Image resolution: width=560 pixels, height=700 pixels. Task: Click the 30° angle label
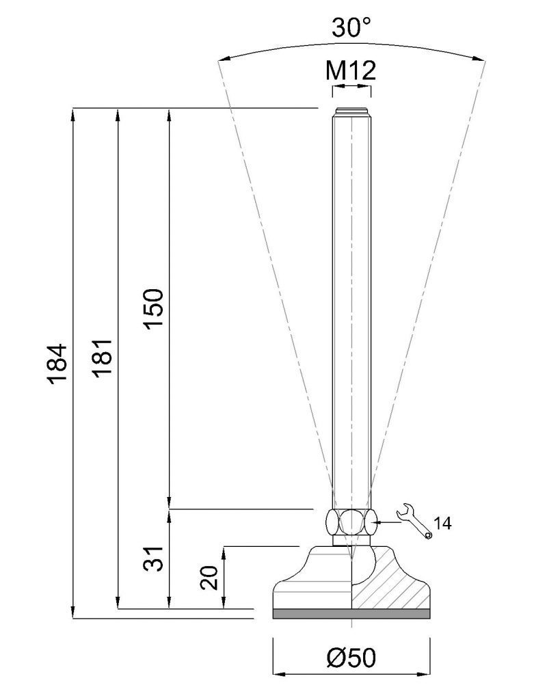pos(351,27)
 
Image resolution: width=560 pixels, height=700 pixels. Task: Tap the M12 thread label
pos(351,70)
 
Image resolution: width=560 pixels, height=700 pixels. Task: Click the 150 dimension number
pos(155,309)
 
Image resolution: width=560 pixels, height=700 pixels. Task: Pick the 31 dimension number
pos(154,558)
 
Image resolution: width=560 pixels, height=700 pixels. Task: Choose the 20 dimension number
pos(209,578)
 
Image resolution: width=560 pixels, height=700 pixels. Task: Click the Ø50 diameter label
pos(351,658)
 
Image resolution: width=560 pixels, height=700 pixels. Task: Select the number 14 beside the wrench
pos(442,523)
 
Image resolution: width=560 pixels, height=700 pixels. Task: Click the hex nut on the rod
pos(351,522)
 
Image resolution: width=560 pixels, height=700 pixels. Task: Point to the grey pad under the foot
pos(351,614)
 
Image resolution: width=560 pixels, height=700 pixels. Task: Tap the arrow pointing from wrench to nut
pos(388,522)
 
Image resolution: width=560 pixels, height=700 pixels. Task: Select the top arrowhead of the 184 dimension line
pos(72,115)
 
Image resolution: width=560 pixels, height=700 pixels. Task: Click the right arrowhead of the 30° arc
pos(478,57)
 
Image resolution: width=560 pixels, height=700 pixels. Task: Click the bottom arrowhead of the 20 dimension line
pos(224,602)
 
